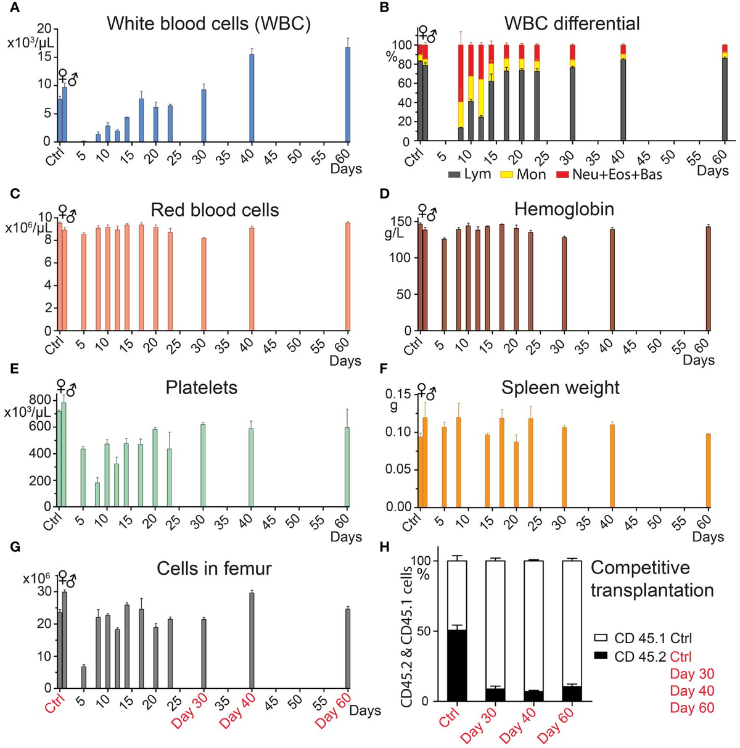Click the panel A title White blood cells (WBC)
pos(208,23)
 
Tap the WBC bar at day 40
pos(252,98)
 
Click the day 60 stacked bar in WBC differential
pos(725,99)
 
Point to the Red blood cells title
pos(215,210)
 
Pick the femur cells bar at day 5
pos(84,677)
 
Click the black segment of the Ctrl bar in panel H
pos(458,665)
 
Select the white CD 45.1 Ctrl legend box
pos(601,638)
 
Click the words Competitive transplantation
pos(651,578)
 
